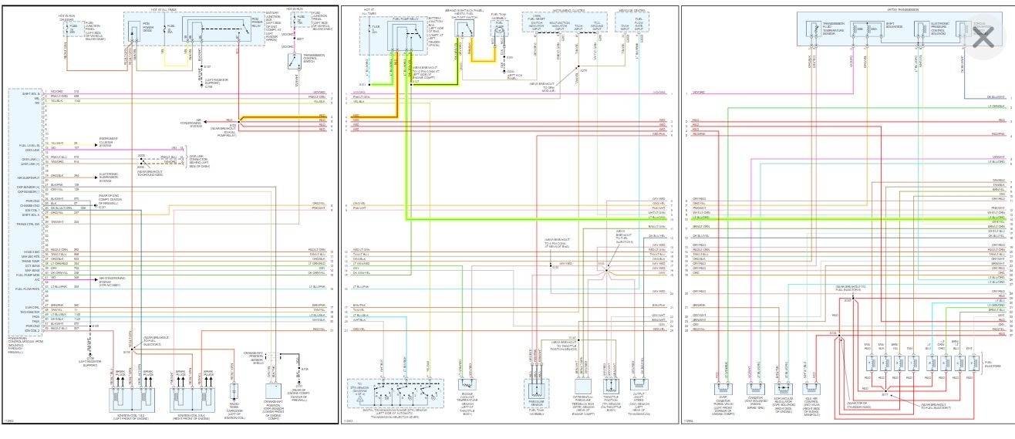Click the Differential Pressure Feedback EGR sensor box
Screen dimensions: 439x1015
585,389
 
